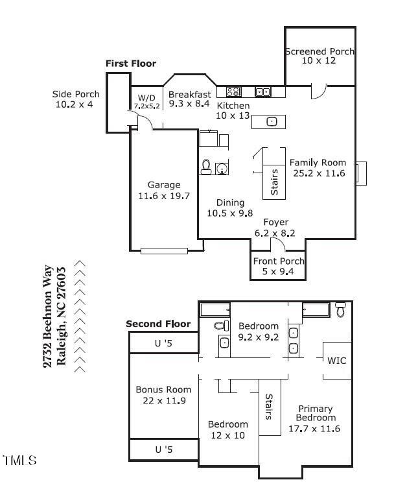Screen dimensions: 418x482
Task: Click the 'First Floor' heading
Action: pyautogui.click(x=131, y=64)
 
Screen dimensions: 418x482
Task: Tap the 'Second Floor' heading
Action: pyautogui.click(x=158, y=324)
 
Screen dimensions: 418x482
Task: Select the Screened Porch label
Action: pyautogui.click(x=319, y=51)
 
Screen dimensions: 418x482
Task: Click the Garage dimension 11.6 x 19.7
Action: pyautogui.click(x=164, y=196)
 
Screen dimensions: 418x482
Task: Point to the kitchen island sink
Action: pyautogui.click(x=272, y=121)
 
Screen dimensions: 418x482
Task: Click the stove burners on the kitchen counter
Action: pyautogui.click(x=234, y=91)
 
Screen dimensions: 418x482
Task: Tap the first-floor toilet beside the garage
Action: pyautogui.click(x=206, y=167)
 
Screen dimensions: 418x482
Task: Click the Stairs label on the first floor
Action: pyautogui.click(x=274, y=182)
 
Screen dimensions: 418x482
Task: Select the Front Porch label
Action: pyautogui.click(x=279, y=261)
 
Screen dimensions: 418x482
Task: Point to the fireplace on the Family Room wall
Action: pyautogui.click(x=361, y=173)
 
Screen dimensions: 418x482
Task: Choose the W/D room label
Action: pyautogui.click(x=146, y=98)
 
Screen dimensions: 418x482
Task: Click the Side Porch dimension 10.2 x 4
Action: pyautogui.click(x=74, y=104)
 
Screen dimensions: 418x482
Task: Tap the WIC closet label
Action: pyautogui.click(x=337, y=361)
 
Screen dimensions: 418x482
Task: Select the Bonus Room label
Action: pyautogui.click(x=163, y=390)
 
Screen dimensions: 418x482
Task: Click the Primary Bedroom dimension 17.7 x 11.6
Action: pyautogui.click(x=314, y=429)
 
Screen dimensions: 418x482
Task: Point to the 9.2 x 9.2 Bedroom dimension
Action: pyautogui.click(x=259, y=337)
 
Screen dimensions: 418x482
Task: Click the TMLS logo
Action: pyautogui.click(x=19, y=460)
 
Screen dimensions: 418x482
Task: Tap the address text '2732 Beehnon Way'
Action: pyautogui.click(x=48, y=317)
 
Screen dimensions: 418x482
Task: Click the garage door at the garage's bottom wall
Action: pyautogui.click(x=165, y=251)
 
